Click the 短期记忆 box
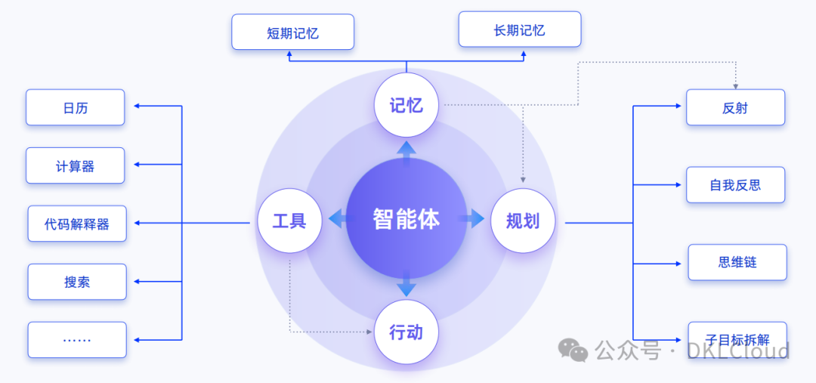(292, 32)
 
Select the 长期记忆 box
(520, 30)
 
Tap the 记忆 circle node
(406, 105)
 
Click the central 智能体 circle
(406, 219)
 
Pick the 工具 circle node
(289, 221)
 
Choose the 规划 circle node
(523, 221)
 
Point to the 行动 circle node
(406, 332)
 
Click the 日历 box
(75, 107)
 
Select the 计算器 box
(75, 165)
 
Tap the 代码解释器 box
(76, 224)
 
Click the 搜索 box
(76, 282)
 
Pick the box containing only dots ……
(76, 340)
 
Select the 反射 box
(735, 107)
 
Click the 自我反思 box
(735, 185)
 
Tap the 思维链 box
(737, 262)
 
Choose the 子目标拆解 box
(737, 338)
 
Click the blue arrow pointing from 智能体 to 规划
(473, 219)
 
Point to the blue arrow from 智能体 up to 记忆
(406, 152)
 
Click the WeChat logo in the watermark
(573, 350)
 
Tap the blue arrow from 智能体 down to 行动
(406, 285)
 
